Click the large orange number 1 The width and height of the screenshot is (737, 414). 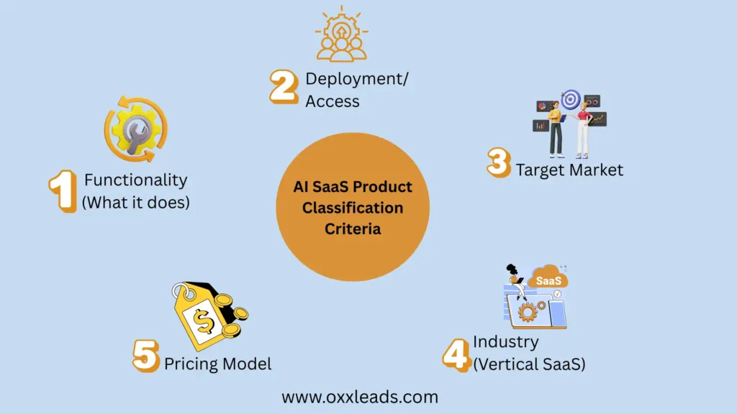tap(63, 191)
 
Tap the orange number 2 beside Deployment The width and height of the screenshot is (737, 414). tap(284, 86)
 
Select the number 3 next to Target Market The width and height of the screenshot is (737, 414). tap(499, 163)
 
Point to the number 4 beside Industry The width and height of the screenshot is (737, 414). tap(456, 355)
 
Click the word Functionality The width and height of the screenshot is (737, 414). tap(136, 180)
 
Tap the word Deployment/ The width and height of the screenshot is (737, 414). tap(357, 79)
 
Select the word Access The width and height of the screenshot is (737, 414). tap(333, 101)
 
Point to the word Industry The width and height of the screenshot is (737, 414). tap(506, 341)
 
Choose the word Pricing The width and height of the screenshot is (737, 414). tap(191, 364)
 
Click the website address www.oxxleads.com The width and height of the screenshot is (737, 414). tap(360, 397)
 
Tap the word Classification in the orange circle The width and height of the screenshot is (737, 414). tap(353, 208)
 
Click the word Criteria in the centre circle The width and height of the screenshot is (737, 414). tap(353, 229)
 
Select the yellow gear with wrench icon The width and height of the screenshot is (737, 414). tap(136, 129)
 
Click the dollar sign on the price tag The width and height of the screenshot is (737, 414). tap(204, 322)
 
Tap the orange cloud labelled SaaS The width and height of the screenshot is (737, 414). tap(548, 278)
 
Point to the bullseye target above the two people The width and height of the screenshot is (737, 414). tap(571, 99)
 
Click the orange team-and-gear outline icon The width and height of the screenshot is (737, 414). tap(342, 34)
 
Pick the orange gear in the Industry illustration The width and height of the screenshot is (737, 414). tap(528, 312)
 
